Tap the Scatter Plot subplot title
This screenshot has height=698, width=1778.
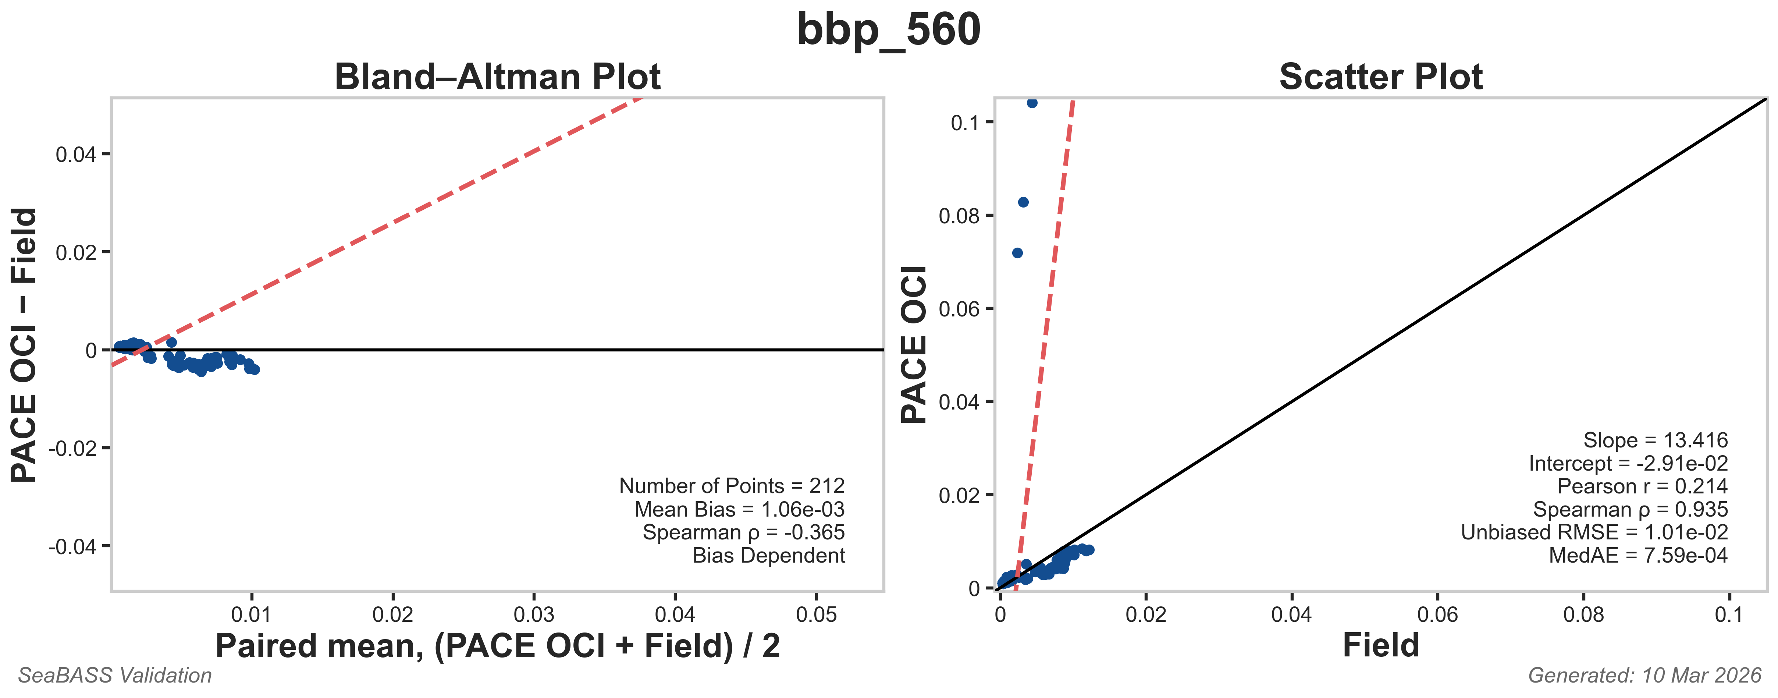coord(1380,77)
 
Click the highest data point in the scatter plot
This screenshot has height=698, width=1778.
coord(1032,103)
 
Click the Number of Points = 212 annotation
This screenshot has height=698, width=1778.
coord(732,486)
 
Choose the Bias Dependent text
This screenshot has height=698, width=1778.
coord(768,556)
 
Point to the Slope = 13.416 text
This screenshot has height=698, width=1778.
coord(1655,440)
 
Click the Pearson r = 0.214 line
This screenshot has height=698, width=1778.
coord(1642,487)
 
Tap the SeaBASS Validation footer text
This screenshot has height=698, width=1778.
coord(115,675)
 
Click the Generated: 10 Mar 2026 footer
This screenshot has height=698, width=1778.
coord(1644,675)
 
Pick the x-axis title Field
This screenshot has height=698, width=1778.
coord(1380,645)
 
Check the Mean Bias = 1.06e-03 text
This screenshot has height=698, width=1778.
coord(739,510)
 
